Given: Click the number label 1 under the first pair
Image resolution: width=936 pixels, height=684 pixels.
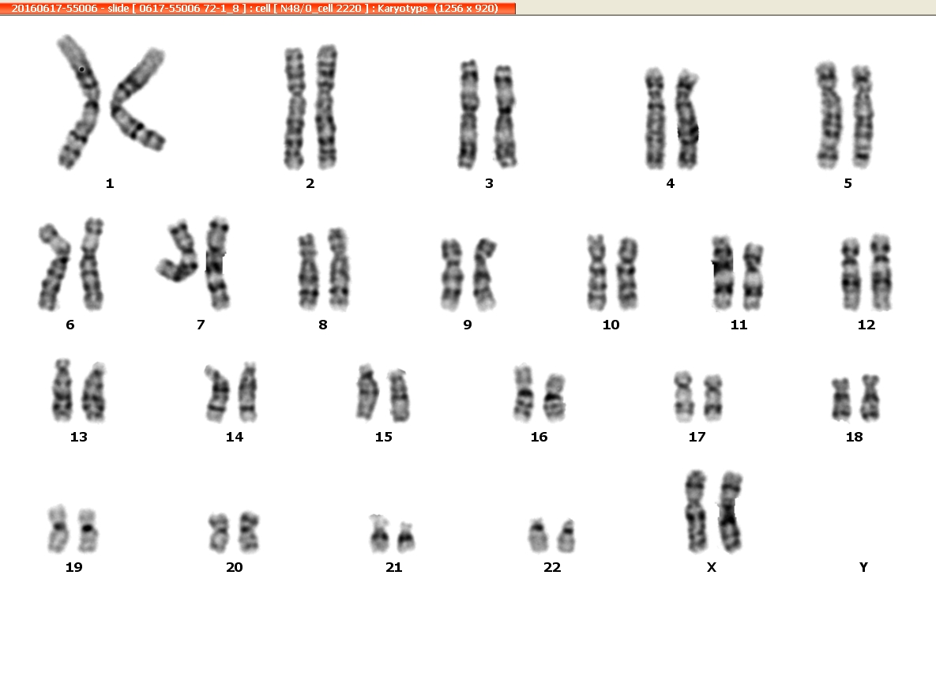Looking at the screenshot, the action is click(110, 183).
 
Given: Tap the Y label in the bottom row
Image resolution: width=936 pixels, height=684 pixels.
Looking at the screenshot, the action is click(863, 567).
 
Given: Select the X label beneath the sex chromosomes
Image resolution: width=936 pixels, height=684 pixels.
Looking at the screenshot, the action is click(711, 567).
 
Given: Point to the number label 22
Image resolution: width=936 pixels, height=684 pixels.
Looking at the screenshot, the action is click(552, 567).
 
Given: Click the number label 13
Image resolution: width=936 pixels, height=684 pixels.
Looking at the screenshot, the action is click(79, 437).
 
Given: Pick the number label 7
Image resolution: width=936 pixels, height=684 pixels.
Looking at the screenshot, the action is click(201, 325).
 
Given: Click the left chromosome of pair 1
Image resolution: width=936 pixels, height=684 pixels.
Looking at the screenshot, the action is click(80, 101).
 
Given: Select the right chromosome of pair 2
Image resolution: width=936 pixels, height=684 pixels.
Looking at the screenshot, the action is click(327, 107).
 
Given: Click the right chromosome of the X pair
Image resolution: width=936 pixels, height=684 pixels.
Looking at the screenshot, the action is click(731, 512).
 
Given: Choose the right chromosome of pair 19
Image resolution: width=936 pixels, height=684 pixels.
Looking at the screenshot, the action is click(88, 531).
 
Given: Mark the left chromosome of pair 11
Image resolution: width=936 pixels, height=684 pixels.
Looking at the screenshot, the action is click(722, 273).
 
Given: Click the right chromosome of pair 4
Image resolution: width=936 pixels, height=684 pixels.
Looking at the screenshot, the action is click(687, 119).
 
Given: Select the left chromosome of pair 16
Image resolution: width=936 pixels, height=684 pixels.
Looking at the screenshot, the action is click(524, 393).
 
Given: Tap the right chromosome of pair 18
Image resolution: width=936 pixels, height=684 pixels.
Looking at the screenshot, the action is click(870, 398).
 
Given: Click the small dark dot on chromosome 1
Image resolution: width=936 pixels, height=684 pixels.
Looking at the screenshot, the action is click(82, 70).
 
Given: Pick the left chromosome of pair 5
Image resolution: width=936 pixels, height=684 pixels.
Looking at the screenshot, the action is click(828, 115).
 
